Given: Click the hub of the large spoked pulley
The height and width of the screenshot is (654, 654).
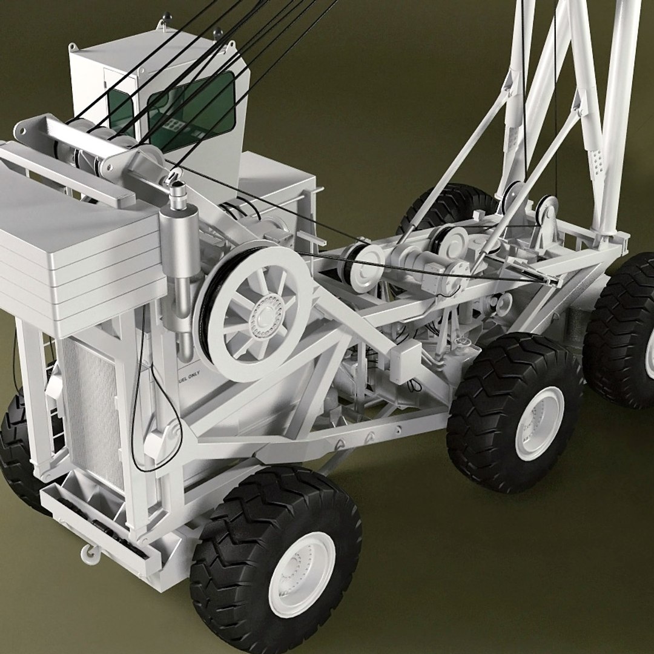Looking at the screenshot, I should coord(265,314).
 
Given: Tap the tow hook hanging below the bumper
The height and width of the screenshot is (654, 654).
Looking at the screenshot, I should coord(87,552).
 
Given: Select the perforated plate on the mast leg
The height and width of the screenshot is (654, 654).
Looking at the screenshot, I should coord(598,160).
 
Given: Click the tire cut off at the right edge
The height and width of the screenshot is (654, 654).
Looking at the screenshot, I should coord(624,330).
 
